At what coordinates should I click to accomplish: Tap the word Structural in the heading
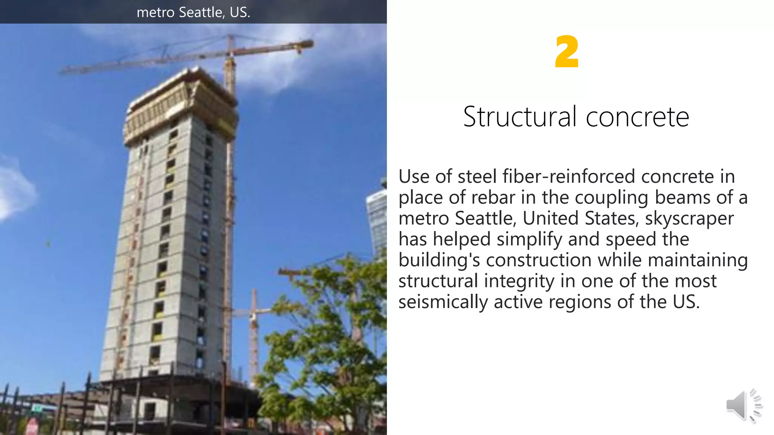520,117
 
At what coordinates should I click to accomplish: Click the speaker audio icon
743,405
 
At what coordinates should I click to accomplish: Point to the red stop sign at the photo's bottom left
33,427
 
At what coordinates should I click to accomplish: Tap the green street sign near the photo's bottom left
37,408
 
